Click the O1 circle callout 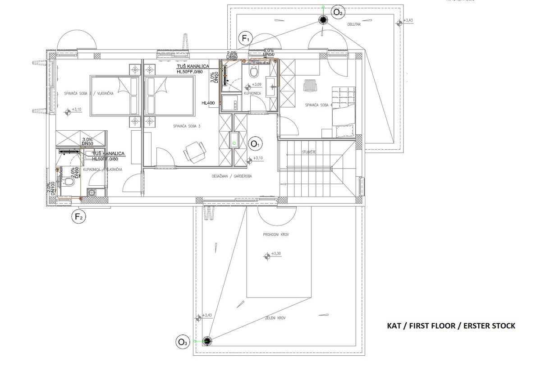pyautogui.click(x=256, y=144)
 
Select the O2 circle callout pyautogui.click(x=338, y=12)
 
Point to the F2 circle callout pyautogui.click(x=78, y=217)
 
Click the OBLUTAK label pyautogui.click(x=353, y=25)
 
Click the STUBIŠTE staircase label pyautogui.click(x=309, y=152)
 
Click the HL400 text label pyautogui.click(x=208, y=103)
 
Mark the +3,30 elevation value pyautogui.click(x=275, y=254)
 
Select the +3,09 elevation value pyautogui.click(x=257, y=84)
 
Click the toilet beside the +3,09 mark pyautogui.click(x=253, y=72)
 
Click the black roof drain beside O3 pyautogui.click(x=207, y=341)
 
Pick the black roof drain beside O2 pyautogui.click(x=323, y=19)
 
